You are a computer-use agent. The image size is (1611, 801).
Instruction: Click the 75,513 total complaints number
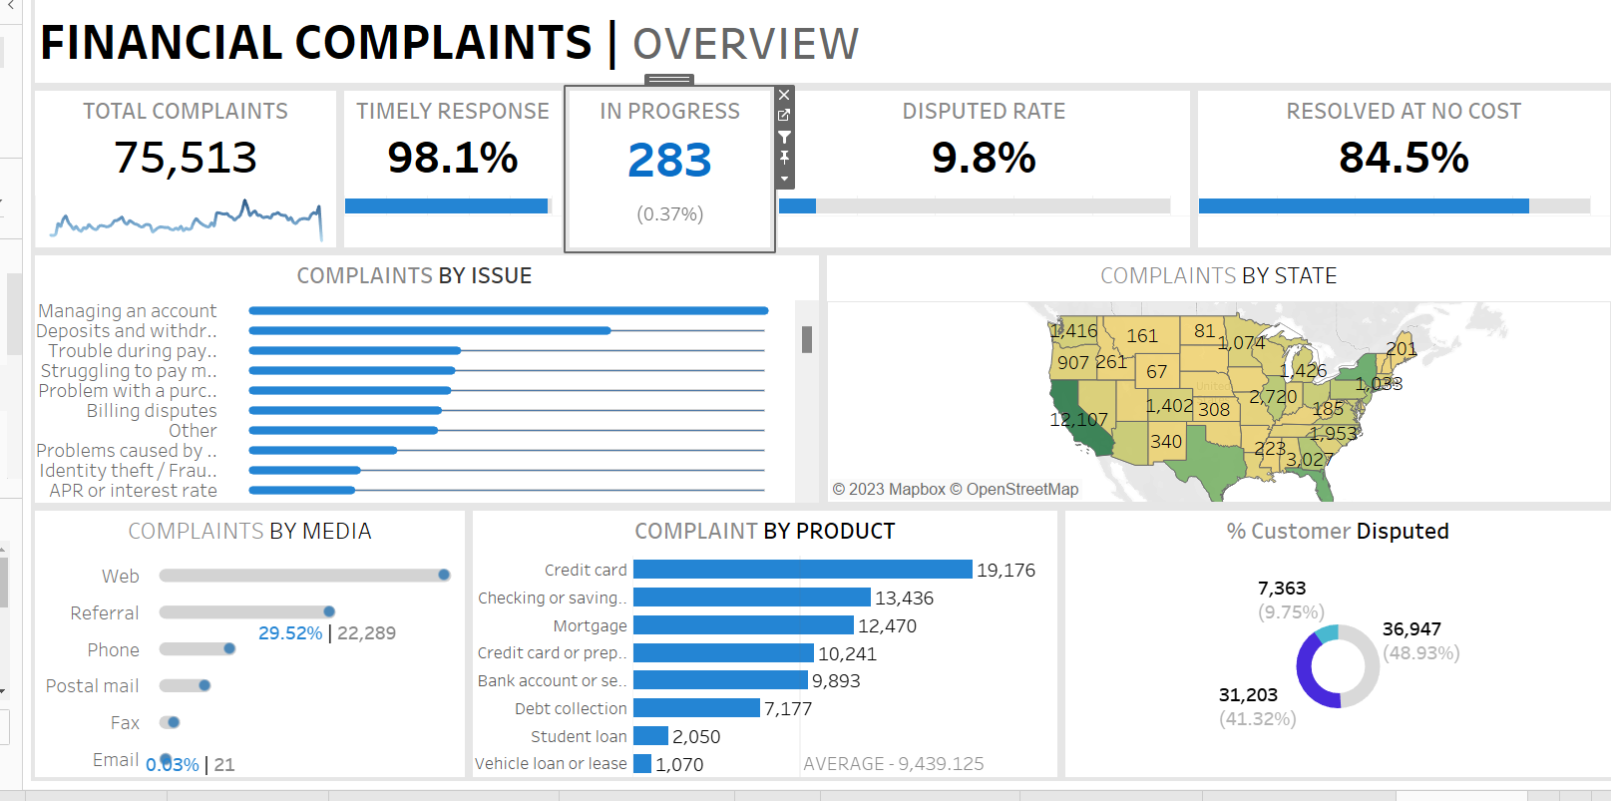tap(186, 158)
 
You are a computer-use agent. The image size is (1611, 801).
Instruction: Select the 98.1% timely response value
tap(452, 158)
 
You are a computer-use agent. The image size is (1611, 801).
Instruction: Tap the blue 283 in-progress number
tap(669, 161)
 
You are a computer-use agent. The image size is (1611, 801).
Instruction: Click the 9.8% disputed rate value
tap(984, 158)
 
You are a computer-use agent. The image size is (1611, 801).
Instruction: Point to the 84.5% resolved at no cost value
tap(1403, 158)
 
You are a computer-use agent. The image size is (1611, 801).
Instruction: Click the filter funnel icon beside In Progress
tap(784, 137)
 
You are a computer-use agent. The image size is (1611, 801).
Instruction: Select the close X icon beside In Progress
tap(784, 95)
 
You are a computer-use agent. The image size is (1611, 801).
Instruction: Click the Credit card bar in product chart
tap(802, 570)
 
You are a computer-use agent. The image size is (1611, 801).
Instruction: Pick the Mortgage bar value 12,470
tap(887, 625)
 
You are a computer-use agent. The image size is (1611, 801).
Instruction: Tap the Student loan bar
tap(650, 736)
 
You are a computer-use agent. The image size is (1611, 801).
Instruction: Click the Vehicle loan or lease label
tap(551, 764)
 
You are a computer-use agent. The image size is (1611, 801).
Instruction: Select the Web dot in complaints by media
tap(444, 575)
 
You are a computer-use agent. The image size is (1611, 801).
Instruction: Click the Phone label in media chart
tap(113, 650)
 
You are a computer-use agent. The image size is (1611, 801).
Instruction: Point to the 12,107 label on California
tap(1078, 420)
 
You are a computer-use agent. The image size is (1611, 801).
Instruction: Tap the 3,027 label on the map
tap(1309, 460)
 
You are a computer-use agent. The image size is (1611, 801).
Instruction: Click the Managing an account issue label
tap(128, 311)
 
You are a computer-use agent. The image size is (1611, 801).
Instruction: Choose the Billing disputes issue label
tap(152, 411)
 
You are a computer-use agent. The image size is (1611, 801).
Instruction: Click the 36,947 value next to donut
tap(1411, 629)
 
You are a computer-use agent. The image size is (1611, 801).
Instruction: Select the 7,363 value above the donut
tap(1282, 589)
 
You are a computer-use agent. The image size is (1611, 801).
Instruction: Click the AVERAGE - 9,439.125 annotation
tap(893, 764)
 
